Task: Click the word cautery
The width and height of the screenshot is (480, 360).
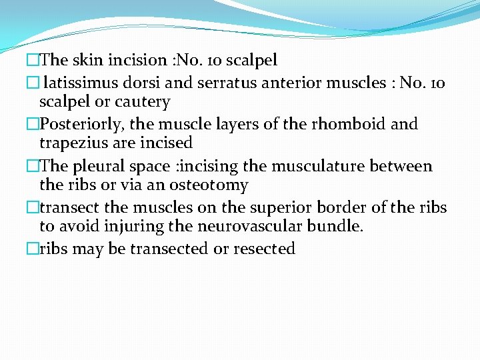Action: [x=143, y=103]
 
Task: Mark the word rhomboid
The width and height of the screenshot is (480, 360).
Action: [x=345, y=124]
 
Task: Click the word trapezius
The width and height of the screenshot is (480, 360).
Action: [x=73, y=143]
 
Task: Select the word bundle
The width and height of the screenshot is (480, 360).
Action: [x=336, y=226]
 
